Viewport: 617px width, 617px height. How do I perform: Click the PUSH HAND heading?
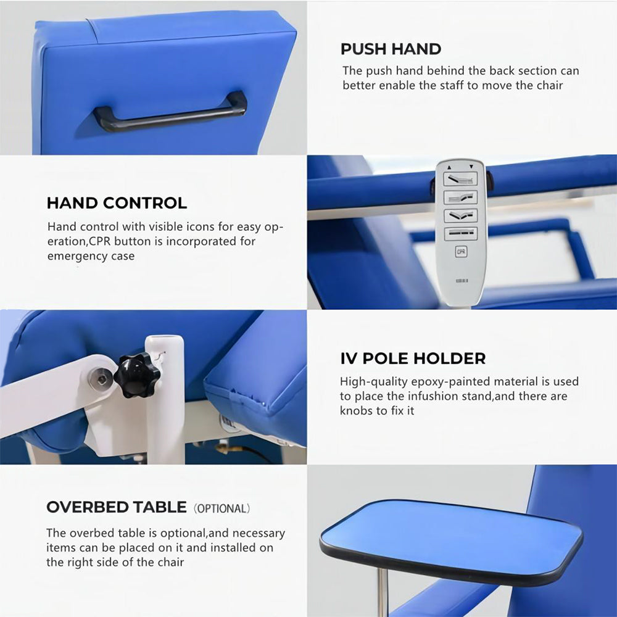pos(391,49)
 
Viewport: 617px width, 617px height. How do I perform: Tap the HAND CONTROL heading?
pos(117,203)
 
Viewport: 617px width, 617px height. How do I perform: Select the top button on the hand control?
pos(460,179)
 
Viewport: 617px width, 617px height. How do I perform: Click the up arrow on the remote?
pos(449,167)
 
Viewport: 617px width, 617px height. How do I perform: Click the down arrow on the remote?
pos(471,167)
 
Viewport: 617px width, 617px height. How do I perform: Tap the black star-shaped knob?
pos(137,375)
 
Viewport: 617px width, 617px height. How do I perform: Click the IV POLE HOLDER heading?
pos(413,358)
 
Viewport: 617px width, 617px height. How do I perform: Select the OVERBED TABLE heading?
pos(117,507)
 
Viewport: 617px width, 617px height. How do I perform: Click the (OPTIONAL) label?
pos(222,508)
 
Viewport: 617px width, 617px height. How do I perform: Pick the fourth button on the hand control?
pos(460,233)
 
